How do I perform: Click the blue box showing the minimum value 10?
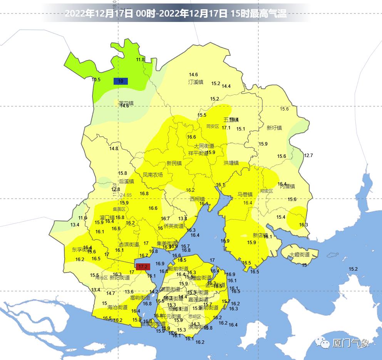(x=121, y=81)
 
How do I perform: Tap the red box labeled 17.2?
(x=143, y=266)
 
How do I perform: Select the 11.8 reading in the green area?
(x=140, y=60)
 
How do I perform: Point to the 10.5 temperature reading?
(x=96, y=80)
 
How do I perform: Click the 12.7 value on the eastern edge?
(x=308, y=156)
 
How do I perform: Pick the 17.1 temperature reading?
(x=226, y=128)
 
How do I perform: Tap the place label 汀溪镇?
(x=196, y=82)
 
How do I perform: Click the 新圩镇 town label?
(x=274, y=128)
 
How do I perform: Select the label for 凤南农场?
(x=153, y=175)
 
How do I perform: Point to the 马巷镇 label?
(x=245, y=194)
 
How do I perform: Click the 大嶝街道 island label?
(x=300, y=255)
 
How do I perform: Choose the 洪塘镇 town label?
(x=231, y=163)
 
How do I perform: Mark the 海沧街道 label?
(x=117, y=307)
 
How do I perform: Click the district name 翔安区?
(x=266, y=191)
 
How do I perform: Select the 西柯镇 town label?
(x=197, y=199)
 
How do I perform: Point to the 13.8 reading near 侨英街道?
(x=183, y=219)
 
